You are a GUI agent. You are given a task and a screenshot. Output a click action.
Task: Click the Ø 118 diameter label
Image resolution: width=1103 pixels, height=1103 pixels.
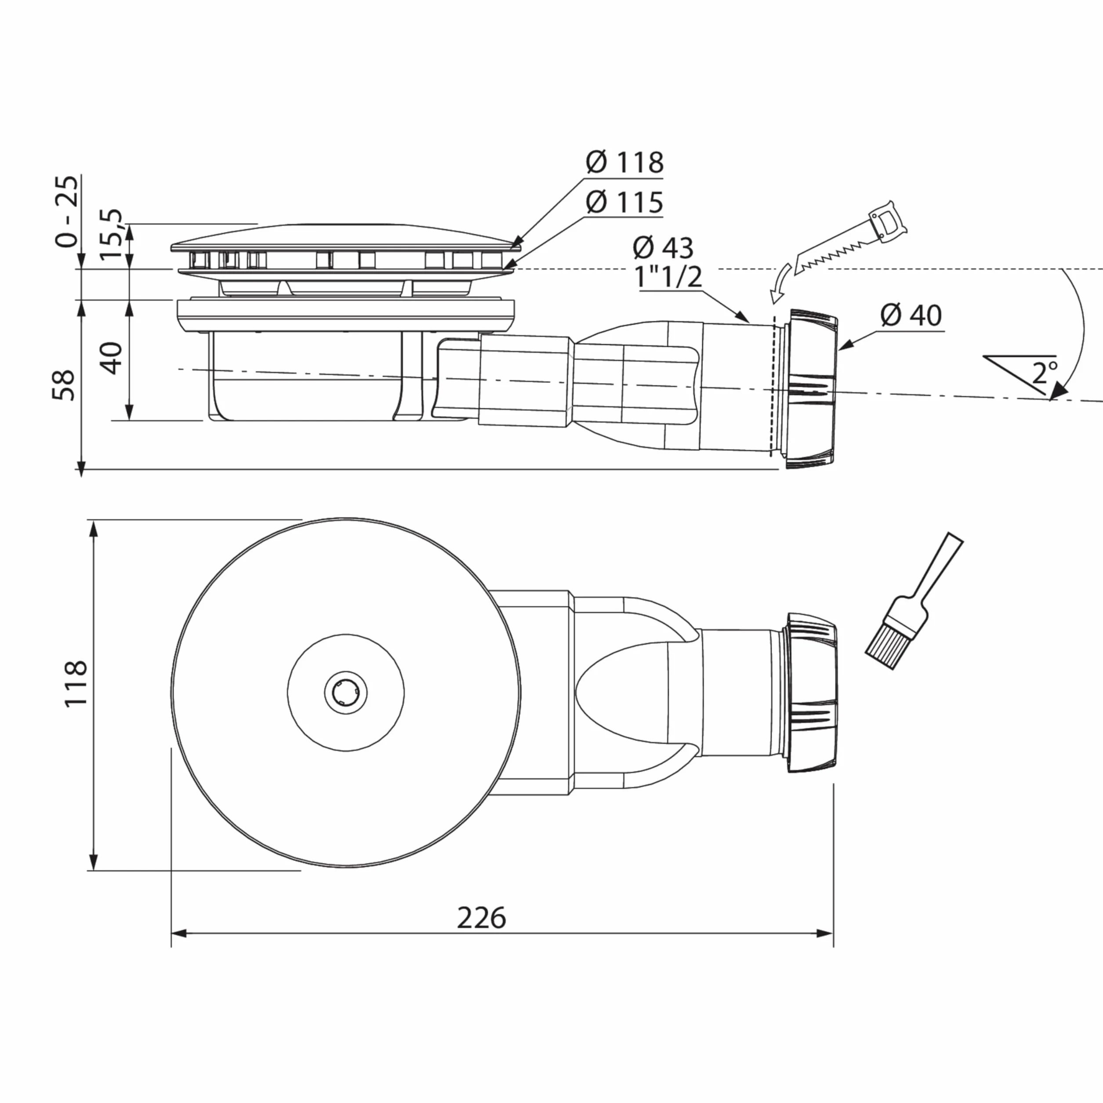(x=624, y=163)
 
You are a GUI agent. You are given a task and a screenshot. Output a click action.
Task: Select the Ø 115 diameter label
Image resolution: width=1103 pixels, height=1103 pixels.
(x=624, y=202)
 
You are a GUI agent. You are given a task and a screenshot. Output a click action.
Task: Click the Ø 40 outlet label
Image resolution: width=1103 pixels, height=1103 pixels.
(x=911, y=315)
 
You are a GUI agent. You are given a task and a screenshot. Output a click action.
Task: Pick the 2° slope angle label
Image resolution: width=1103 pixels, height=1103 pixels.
(x=1045, y=373)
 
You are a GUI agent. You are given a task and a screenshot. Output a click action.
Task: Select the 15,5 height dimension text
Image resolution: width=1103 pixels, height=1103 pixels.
(x=111, y=234)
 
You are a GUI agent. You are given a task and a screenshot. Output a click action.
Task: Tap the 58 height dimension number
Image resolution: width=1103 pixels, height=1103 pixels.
(x=64, y=385)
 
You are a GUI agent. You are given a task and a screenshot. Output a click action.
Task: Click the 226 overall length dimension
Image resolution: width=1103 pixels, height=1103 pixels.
(x=481, y=918)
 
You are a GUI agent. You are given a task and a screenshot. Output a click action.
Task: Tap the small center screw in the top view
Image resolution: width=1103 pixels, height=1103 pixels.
(x=345, y=693)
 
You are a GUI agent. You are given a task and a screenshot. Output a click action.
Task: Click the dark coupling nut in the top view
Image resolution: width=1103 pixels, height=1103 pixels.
(x=811, y=693)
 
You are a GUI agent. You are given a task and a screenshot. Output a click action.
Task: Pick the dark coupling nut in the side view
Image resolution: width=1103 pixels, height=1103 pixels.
(x=811, y=389)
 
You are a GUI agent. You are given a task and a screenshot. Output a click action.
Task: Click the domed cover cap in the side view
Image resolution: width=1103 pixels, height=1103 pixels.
(x=346, y=236)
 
